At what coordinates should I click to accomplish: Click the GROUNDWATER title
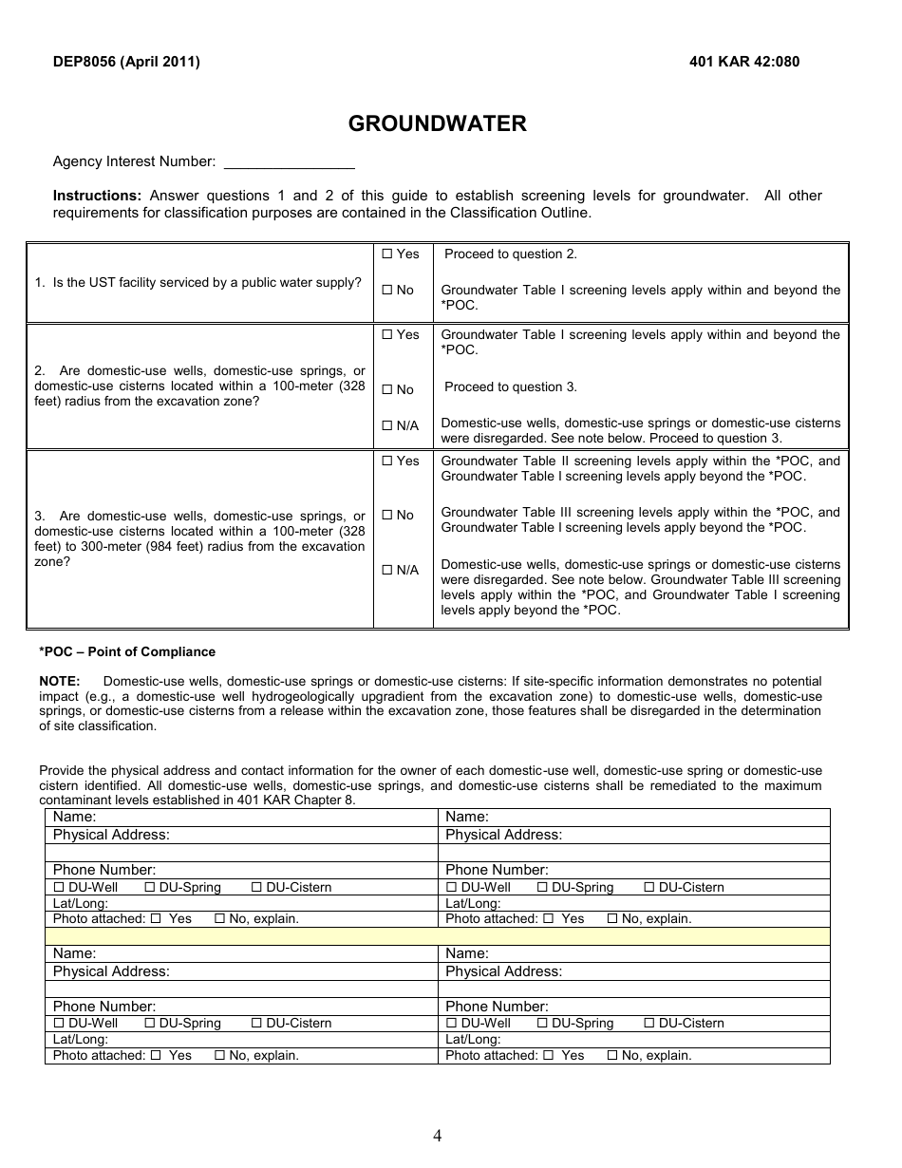pyautogui.click(x=437, y=124)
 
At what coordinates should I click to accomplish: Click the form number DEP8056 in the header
pyautogui.click(x=86, y=62)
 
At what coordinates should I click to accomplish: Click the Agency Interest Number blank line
pyautogui.click(x=289, y=162)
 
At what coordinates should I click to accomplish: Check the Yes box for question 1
pyautogui.click(x=386, y=254)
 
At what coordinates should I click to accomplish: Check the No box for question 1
pyautogui.click(x=386, y=291)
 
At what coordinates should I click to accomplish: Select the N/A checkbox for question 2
pyautogui.click(x=386, y=426)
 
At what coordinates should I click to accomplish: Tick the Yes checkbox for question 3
pyautogui.click(x=386, y=462)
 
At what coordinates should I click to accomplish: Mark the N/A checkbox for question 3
pyautogui.click(x=386, y=571)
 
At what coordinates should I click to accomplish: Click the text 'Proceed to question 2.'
pyautogui.click(x=511, y=254)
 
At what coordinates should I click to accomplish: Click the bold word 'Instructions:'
pyautogui.click(x=97, y=196)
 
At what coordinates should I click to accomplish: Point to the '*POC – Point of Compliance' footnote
pyautogui.click(x=127, y=652)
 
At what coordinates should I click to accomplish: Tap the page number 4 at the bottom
pyautogui.click(x=437, y=1136)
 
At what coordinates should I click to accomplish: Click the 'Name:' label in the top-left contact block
pyautogui.click(x=74, y=817)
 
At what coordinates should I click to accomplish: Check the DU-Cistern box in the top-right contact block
pyautogui.click(x=649, y=888)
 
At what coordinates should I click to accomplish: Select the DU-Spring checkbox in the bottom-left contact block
pyautogui.click(x=150, y=1024)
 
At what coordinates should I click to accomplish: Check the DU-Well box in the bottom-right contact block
pyautogui.click(x=452, y=1024)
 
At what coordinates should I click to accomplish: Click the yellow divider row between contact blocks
pyautogui.click(x=437, y=936)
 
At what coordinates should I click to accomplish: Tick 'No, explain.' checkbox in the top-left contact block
pyautogui.click(x=220, y=919)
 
